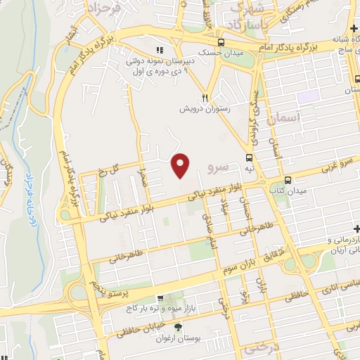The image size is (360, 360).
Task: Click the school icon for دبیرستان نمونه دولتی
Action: (159, 50)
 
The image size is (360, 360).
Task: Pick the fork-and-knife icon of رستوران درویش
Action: (205, 98)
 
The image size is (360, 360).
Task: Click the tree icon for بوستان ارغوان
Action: (178, 326)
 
